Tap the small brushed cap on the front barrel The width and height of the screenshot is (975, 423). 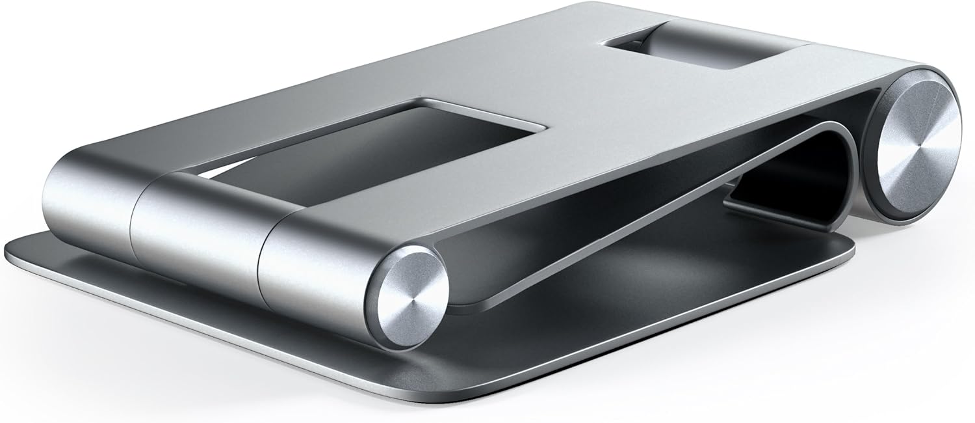pos(408,297)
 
